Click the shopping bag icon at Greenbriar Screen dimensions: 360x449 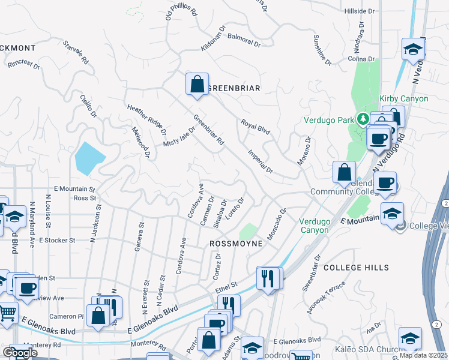(197, 85)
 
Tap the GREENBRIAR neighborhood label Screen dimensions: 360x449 (234, 88)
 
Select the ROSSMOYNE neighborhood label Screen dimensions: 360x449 (236, 244)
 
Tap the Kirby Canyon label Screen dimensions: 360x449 (403, 98)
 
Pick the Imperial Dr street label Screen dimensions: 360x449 (261, 161)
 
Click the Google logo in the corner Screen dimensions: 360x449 (20, 353)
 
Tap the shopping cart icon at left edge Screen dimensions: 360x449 (7, 313)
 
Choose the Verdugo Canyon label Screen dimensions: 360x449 (315, 226)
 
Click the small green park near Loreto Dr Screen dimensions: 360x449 (247, 232)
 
